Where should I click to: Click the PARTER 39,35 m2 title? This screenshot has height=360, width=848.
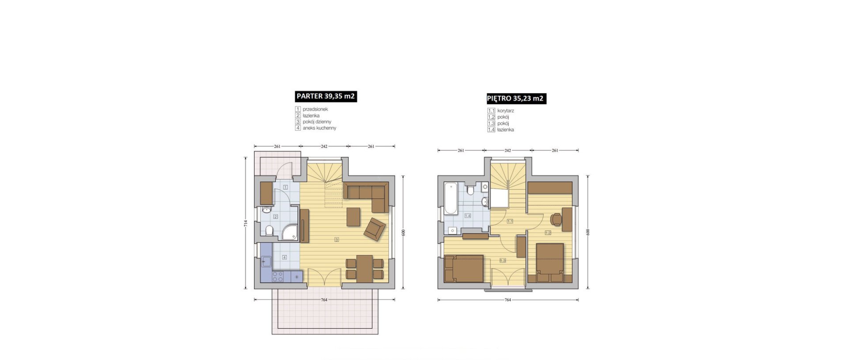tap(326, 96)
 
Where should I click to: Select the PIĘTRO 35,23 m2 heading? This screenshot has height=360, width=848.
tap(515, 99)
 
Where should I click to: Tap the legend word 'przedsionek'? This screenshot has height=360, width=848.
tap(315, 109)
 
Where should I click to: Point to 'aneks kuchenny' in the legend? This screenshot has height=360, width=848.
tap(319, 128)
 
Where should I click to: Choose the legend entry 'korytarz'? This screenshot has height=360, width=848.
tap(506, 111)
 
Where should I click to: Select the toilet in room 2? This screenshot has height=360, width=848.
tap(269, 231)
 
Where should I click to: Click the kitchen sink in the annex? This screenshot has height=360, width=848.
tap(266, 262)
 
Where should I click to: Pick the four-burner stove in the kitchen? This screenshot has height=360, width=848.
tap(278, 277)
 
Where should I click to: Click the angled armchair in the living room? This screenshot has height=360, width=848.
tap(375, 229)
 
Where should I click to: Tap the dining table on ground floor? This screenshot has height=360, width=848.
tap(364, 269)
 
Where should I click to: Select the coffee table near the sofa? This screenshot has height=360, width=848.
tap(353, 216)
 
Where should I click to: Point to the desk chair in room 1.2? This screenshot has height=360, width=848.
tap(556, 219)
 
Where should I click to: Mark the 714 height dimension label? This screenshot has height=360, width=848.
tap(246, 224)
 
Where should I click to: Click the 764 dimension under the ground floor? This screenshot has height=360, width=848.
tap(324, 300)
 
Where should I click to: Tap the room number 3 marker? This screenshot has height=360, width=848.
tap(337, 240)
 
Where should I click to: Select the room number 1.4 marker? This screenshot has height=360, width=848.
tap(468, 216)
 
